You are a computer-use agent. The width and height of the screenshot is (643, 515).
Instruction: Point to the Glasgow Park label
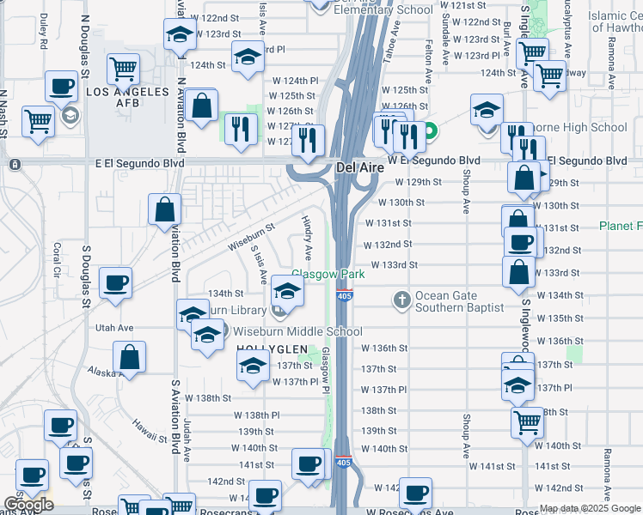pyautogui.click(x=328, y=275)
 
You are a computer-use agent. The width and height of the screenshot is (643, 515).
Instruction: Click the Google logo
pyautogui.click(x=28, y=505)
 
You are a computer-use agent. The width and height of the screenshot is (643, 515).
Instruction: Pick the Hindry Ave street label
pyautogui.click(x=306, y=238)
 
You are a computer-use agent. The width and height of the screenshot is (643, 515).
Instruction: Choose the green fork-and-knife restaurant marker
pyautogui.click(x=241, y=129)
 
